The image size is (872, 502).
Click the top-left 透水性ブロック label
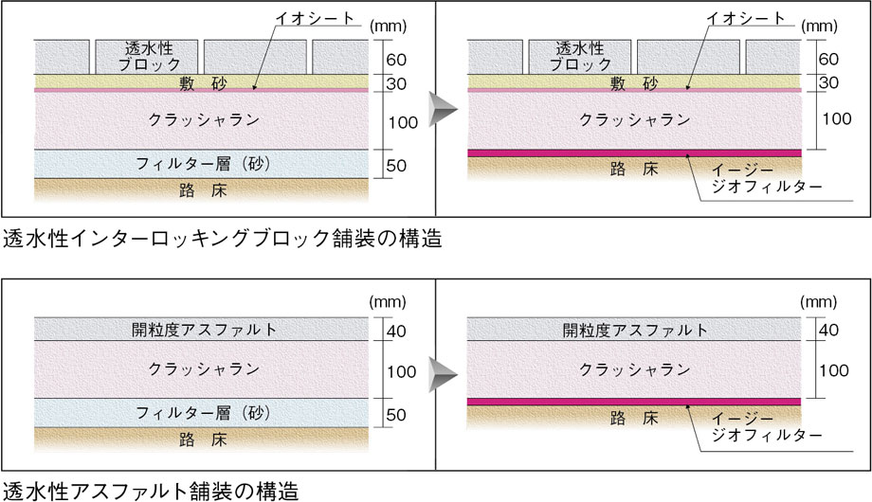coord(149,56)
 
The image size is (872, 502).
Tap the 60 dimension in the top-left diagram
coord(396,60)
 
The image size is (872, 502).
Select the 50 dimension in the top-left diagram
coord(396,165)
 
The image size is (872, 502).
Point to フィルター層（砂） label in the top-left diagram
coord(203,164)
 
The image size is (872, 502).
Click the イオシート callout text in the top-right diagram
coord(745,18)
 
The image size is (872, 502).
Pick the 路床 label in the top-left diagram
coord(203,190)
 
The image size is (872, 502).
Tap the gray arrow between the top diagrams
coord(444,110)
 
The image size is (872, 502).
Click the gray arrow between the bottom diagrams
coord(444,373)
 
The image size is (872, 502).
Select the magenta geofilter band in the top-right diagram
coord(634,152)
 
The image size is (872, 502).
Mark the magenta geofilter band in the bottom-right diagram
coord(634,402)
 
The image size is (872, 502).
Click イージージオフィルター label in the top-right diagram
coord(767,178)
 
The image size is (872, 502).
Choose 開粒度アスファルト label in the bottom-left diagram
coord(204,330)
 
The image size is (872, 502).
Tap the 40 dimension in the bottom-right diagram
coord(828,331)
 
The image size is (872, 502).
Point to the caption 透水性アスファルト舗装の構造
coord(151,492)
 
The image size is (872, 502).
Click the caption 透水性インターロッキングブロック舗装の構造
coord(223,239)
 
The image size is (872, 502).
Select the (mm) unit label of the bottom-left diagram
coord(388,302)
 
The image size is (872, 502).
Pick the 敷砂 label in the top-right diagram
coord(634,83)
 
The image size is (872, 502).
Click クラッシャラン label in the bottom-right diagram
coord(634,369)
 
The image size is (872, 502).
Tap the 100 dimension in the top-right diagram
coord(837,118)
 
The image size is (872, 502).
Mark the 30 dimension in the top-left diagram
coord(396,84)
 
